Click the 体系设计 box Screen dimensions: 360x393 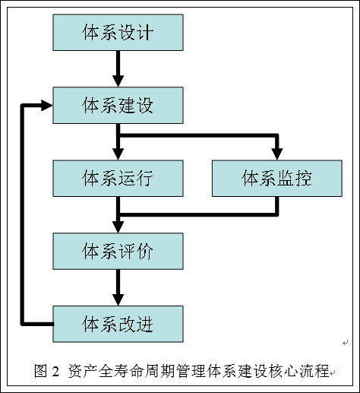click(x=118, y=33)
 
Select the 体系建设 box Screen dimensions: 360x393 click(x=118, y=105)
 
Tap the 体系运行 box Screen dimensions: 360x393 click(x=118, y=178)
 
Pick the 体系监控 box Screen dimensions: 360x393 click(x=277, y=178)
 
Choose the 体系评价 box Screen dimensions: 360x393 click(x=118, y=251)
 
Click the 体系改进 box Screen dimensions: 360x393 click(x=118, y=324)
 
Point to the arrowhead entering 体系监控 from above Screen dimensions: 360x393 click(x=277, y=154)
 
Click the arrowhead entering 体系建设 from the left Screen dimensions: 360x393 click(x=47, y=105)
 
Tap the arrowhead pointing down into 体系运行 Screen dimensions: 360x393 click(x=118, y=154)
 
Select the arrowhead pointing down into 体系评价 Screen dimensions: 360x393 click(x=118, y=227)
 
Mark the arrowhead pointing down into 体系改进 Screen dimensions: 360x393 click(x=118, y=300)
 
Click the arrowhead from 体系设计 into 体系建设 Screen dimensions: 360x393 click(x=118, y=81)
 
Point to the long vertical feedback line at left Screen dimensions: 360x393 click(x=22, y=214)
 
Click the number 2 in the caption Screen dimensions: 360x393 click(x=55, y=372)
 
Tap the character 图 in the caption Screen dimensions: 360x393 click(x=40, y=371)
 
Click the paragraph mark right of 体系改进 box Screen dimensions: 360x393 click(x=346, y=343)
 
